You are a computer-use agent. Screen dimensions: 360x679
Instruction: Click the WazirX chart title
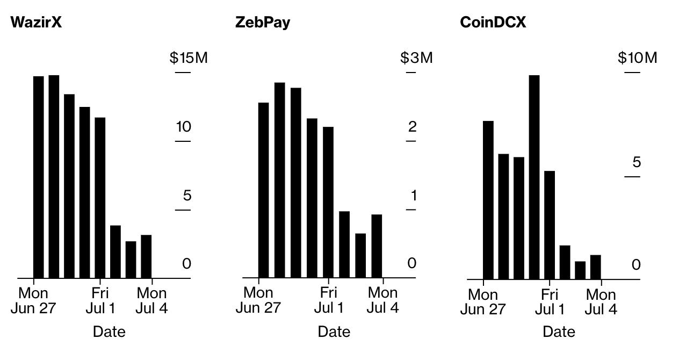[36, 23]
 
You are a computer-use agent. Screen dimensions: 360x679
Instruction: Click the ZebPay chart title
[263, 23]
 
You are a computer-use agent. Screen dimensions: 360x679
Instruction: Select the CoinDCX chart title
[493, 23]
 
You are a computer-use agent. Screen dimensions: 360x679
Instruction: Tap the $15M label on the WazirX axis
[189, 58]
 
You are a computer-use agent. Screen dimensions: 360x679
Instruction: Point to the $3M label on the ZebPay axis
[416, 58]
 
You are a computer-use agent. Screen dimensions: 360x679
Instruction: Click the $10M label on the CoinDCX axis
[637, 58]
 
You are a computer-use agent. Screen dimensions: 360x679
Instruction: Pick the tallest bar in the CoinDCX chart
[534, 177]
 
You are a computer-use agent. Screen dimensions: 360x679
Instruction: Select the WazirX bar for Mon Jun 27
[39, 177]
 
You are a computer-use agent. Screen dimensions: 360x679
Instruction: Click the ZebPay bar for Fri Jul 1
[328, 203]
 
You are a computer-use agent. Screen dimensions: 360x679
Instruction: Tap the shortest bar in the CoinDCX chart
[580, 270]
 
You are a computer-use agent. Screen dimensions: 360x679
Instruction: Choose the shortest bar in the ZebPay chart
[360, 256]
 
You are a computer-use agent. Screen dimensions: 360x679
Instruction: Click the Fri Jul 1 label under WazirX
[100, 301]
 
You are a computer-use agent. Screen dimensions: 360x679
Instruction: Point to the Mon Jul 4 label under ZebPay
[383, 300]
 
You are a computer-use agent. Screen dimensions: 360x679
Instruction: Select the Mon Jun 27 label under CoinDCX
[483, 303]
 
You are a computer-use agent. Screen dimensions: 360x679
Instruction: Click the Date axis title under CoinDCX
[559, 332]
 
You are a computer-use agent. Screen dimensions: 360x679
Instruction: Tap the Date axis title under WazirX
[109, 332]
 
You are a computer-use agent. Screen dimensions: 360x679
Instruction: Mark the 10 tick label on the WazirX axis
[184, 127]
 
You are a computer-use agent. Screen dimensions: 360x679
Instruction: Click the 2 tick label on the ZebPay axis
[412, 127]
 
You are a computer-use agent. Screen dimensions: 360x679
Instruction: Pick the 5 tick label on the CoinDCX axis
[637, 163]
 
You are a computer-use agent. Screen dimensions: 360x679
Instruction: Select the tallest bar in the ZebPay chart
[280, 180]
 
